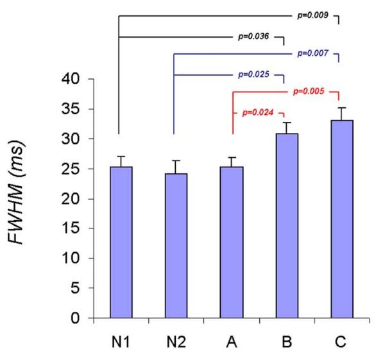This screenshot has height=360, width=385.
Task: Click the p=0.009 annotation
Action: [314, 13]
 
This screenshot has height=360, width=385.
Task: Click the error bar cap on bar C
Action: [342, 108]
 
